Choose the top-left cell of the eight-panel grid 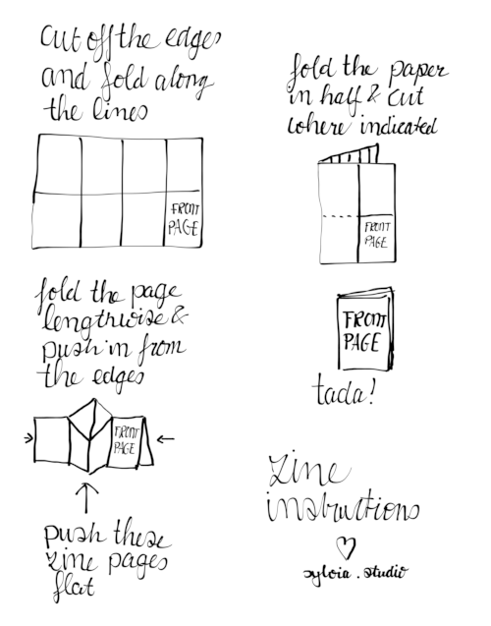coord(57,163)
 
